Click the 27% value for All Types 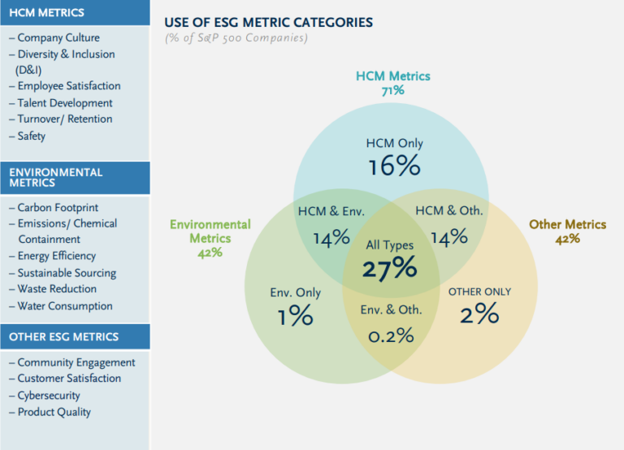(390, 269)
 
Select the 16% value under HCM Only (394, 167)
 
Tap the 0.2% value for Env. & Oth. (391, 335)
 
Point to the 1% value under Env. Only (295, 316)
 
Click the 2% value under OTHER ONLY (479, 314)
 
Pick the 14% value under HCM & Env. (331, 237)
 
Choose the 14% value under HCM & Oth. (448, 237)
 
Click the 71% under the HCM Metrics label (392, 91)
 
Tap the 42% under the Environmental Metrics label (210, 253)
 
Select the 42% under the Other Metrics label (567, 239)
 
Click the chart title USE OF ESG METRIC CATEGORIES (268, 22)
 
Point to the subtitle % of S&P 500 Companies (236, 37)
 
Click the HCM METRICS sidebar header (46, 12)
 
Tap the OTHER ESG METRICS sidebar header (63, 336)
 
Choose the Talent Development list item (64, 102)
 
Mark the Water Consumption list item (64, 306)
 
